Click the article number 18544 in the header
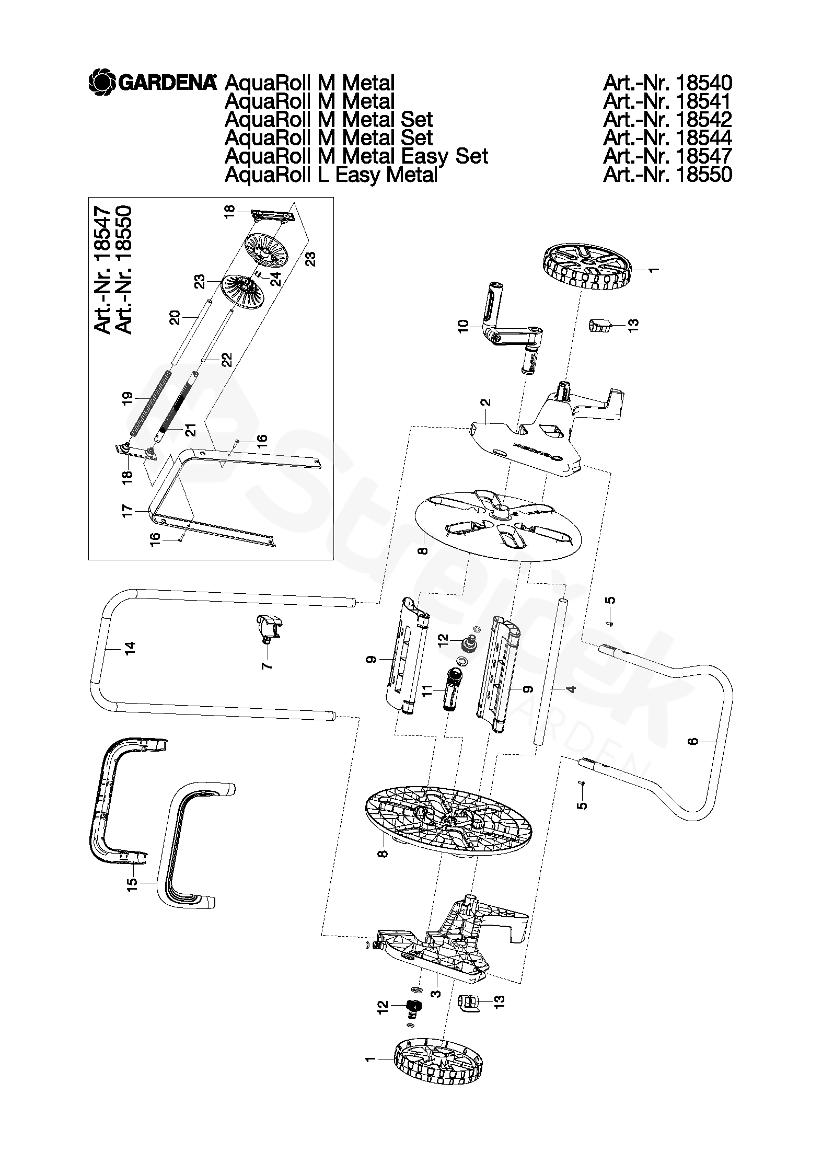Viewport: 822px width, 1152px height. pos(667,138)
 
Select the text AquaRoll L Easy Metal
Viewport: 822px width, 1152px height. pos(330,175)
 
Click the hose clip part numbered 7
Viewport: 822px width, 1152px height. pos(270,625)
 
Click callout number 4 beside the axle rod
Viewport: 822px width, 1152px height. pos(572,689)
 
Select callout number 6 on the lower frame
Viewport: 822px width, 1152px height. pos(693,741)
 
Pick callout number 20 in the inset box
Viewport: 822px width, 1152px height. pos(175,318)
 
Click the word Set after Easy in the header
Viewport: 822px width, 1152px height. pos(472,156)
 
